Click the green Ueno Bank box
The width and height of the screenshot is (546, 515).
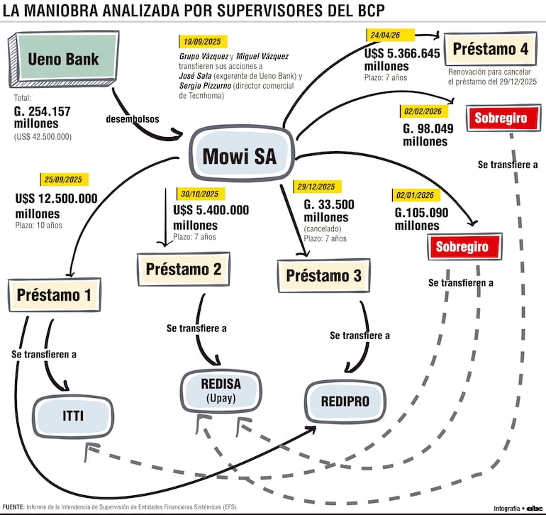pyautogui.click(x=64, y=59)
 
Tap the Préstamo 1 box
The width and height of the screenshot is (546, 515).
pyautogui.click(x=55, y=295)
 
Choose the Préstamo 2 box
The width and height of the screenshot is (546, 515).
pyautogui.click(x=184, y=269)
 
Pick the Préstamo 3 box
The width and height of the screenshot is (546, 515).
pyautogui.click(x=324, y=275)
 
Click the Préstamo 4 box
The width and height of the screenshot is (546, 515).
pyautogui.click(x=490, y=49)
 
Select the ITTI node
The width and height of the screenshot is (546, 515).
pyautogui.click(x=73, y=416)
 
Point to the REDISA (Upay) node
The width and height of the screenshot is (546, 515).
pyautogui.click(x=221, y=391)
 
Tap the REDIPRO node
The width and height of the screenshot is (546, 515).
pyautogui.click(x=345, y=402)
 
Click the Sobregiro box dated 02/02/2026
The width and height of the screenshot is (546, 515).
pyautogui.click(x=503, y=118)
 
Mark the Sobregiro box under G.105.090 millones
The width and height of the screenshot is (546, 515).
pyautogui.click(x=465, y=247)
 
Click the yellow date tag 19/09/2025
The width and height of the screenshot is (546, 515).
pyautogui.click(x=203, y=42)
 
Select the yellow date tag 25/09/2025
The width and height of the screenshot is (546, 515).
pyautogui.click(x=64, y=179)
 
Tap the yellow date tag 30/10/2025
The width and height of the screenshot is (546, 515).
pyautogui.click(x=200, y=194)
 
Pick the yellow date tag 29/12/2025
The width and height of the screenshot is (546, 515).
pyautogui.click(x=317, y=187)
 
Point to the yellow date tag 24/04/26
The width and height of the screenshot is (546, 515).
pyautogui.click(x=390, y=35)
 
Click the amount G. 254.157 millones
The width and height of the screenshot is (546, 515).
pyautogui.click(x=42, y=118)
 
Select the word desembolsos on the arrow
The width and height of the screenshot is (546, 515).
pyautogui.click(x=133, y=119)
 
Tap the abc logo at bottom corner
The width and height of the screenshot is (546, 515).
pyautogui.click(x=535, y=509)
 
